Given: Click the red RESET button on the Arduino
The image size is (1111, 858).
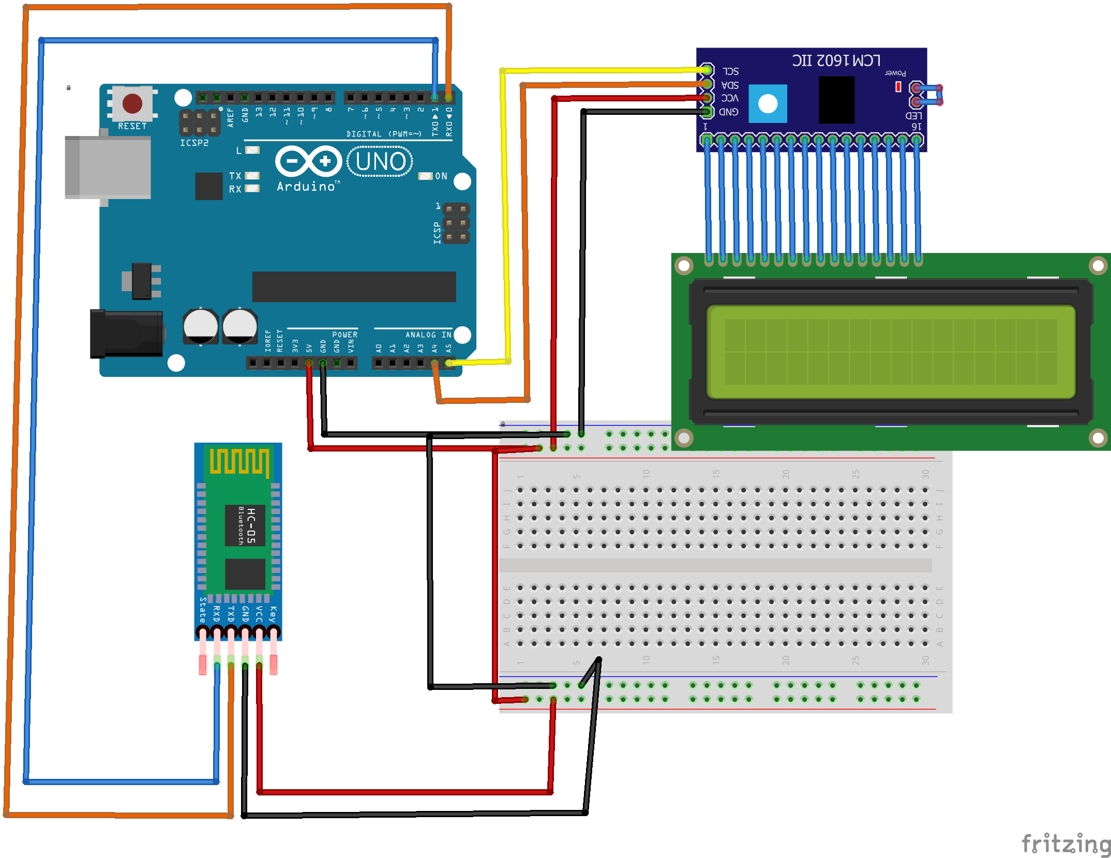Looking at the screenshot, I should (x=132, y=103).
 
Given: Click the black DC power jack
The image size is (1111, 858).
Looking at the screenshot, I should (x=127, y=334).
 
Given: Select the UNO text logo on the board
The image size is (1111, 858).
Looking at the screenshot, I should (x=380, y=161).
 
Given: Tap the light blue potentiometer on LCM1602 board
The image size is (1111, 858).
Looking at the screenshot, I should (x=768, y=103).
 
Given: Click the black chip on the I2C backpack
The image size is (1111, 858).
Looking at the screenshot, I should (x=836, y=99).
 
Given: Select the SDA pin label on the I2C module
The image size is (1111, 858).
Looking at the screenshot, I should (x=730, y=85).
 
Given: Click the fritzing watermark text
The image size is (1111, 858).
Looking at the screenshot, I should (x=1065, y=844).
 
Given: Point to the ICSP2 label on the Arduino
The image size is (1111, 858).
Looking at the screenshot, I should (x=194, y=143).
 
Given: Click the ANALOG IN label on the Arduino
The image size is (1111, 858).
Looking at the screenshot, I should (x=428, y=335).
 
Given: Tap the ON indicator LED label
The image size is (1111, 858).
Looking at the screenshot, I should (x=441, y=176).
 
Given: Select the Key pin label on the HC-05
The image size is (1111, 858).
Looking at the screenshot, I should (x=273, y=614).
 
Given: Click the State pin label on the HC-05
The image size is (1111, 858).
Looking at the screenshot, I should (x=203, y=610).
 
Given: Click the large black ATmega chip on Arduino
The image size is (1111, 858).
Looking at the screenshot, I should (x=354, y=287).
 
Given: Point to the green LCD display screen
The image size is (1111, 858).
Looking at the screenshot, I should (x=891, y=352).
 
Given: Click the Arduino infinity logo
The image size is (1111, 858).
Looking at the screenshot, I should (x=309, y=161).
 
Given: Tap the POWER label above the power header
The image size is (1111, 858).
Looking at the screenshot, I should (x=344, y=335).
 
